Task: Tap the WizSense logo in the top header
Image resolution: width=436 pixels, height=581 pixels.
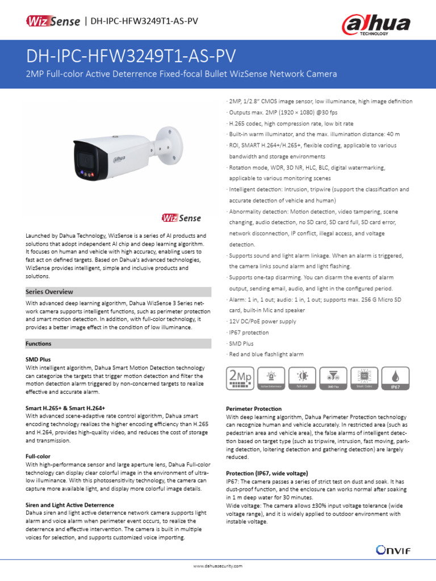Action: pyautogui.click(x=53, y=21)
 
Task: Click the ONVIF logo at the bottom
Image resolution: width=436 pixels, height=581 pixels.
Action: pyautogui.click(x=393, y=549)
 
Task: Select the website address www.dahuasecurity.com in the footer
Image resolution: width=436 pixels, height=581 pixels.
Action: pyautogui.click(x=218, y=566)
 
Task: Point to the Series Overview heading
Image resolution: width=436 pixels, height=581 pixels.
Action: pyautogui.click(x=49, y=292)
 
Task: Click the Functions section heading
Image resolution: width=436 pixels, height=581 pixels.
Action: pyautogui.click(x=39, y=343)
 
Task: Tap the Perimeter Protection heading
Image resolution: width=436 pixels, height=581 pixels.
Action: pyautogui.click(x=254, y=409)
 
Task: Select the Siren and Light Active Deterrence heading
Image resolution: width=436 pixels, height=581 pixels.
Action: pyautogui.click(x=70, y=504)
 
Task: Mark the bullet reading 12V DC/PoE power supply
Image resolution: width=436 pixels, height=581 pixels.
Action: pyautogui.click(x=263, y=321)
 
